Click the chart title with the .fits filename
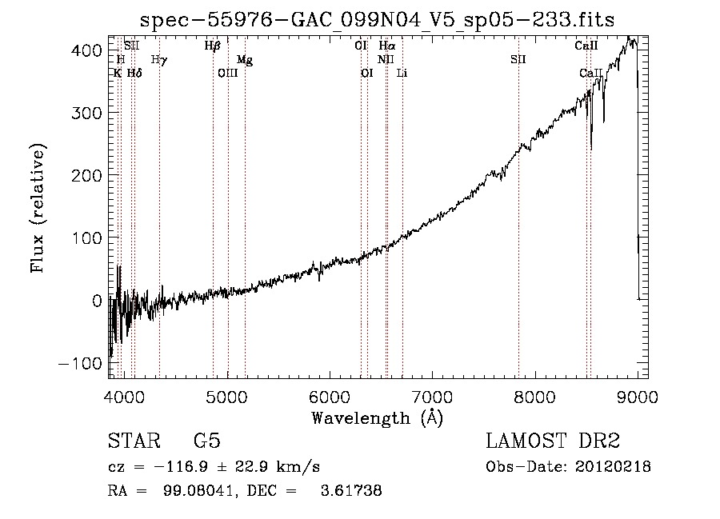377,20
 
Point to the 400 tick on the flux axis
86,50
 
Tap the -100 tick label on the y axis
80,363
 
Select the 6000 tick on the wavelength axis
330,397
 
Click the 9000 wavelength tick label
638,397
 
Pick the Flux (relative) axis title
37,208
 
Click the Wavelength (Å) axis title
378,418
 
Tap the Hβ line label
213,46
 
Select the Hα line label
387,46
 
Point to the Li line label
402,73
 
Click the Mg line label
245,60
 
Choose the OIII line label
228,73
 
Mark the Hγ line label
159,60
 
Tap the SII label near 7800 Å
518,59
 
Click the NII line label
386,59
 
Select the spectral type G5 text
207,441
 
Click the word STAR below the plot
134,441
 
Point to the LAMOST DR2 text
553,441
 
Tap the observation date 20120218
613,467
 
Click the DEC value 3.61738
351,490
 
